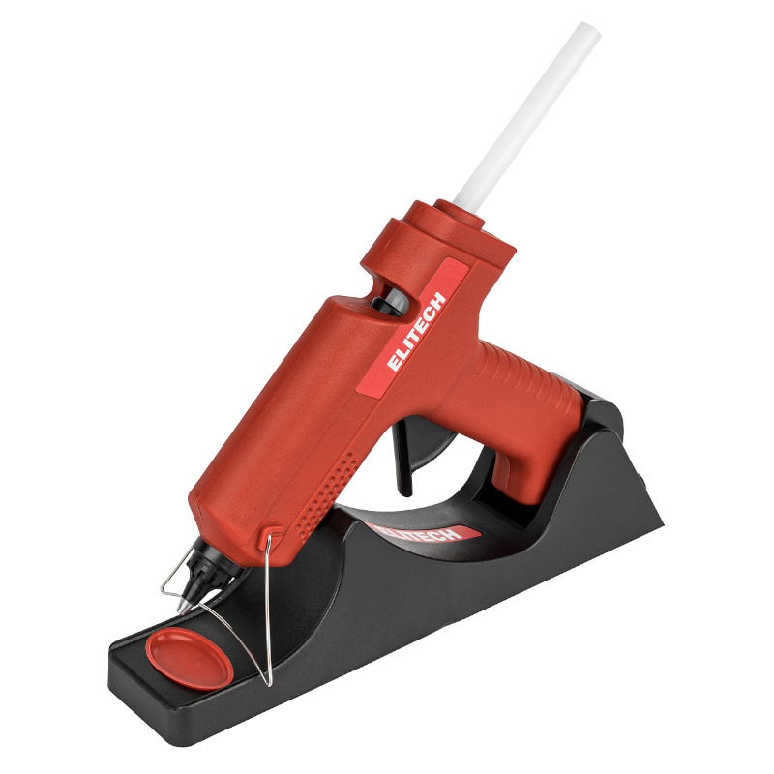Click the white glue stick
click(x=526, y=118)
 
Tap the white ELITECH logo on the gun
click(x=417, y=330)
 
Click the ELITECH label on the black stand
click(x=418, y=531)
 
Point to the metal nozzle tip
click(x=183, y=607)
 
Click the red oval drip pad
click(x=189, y=659)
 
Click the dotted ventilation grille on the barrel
click(x=325, y=493)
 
